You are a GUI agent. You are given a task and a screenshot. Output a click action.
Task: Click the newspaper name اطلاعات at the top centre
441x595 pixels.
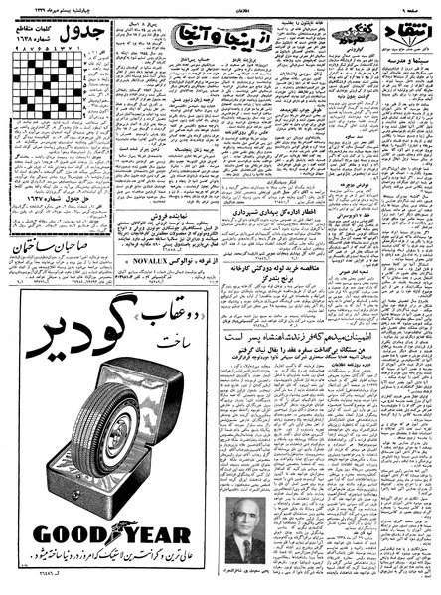click(220, 7)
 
